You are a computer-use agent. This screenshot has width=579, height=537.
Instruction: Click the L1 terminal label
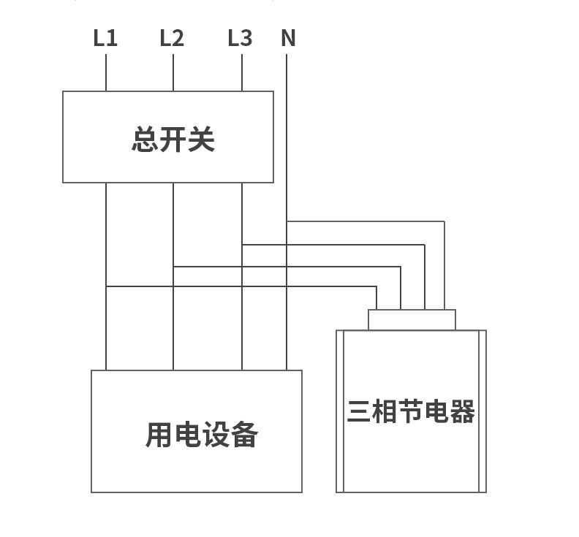pos(105,38)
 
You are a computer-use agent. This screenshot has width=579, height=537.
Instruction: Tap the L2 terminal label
pos(172,38)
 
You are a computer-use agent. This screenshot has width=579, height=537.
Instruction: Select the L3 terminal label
pos(240,38)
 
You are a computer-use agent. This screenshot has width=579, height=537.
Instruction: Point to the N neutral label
pos(288,38)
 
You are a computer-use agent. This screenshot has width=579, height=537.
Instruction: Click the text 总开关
pos(173,139)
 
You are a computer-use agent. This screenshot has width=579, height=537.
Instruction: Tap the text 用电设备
pos(202,435)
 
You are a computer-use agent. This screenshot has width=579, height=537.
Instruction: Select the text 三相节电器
pos(411,411)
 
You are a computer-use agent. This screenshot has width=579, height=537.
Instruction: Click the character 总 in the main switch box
pos(145,139)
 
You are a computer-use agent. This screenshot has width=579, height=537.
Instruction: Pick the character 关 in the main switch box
pos(202,139)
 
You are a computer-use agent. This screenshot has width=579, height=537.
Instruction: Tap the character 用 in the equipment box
pos(159,435)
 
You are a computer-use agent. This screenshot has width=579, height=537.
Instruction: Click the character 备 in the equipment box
pos(245,435)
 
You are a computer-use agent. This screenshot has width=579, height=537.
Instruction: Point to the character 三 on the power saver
pos(359,411)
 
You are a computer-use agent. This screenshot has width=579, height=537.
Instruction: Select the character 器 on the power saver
pos(463,411)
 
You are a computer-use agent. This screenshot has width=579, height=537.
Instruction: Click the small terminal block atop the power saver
pos(412,320)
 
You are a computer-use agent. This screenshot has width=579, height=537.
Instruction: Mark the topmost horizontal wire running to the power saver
pos(366,221)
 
